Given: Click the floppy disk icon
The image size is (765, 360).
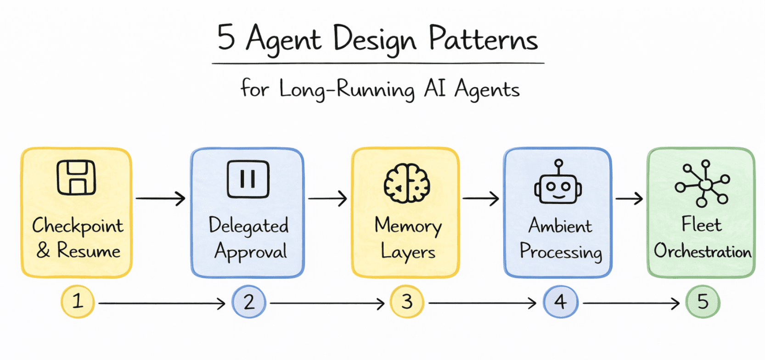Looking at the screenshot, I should (x=76, y=178).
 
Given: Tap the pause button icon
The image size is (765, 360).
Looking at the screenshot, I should (x=248, y=179).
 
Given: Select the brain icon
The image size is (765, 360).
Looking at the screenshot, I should (x=407, y=183).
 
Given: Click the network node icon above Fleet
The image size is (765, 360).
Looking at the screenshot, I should (x=703, y=183).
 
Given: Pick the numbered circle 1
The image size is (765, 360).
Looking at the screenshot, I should (x=78, y=302).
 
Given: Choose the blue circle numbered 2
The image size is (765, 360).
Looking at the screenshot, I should (x=249, y=302).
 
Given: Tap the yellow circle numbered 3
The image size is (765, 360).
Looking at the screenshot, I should (x=407, y=302).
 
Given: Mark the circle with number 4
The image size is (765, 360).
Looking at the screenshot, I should (x=560, y=302).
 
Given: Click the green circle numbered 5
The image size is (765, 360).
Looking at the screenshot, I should (x=703, y=302).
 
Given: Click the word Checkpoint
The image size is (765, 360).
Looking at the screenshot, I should (x=78, y=226).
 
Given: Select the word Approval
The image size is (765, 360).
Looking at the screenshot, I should (x=251, y=252).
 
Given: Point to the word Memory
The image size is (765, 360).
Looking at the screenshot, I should (x=408, y=226).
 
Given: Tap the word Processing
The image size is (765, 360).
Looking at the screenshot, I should (x=561, y=252).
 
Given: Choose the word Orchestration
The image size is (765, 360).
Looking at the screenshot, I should (x=703, y=251).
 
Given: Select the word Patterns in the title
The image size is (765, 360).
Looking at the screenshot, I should (x=483, y=39).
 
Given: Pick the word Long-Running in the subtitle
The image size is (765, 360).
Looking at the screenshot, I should (x=347, y=89).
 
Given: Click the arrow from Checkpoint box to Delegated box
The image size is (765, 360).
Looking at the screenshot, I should (x=161, y=198).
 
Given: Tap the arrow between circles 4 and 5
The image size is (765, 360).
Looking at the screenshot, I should (x=631, y=303).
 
